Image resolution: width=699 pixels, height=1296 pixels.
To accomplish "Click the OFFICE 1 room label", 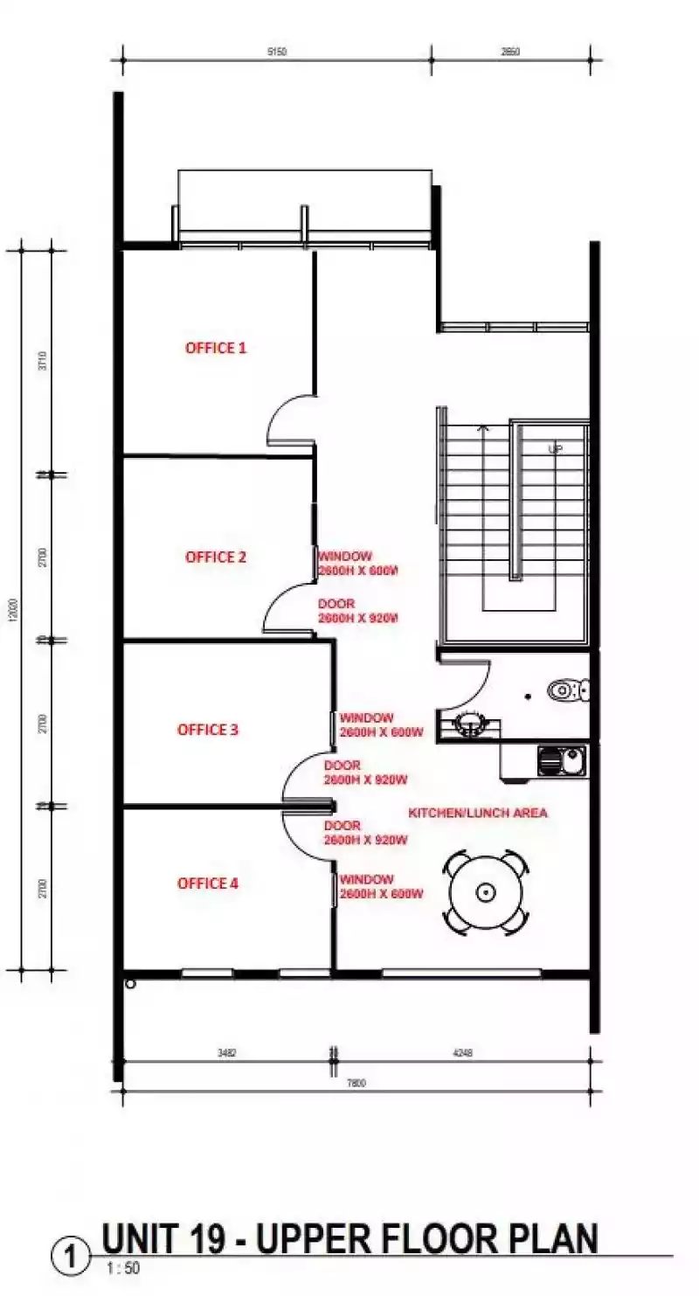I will pyautogui.click(x=216, y=348).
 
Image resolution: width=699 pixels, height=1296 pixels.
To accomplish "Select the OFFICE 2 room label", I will pyautogui.click(x=216, y=557).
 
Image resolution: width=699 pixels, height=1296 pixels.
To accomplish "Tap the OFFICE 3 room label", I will pyautogui.click(x=208, y=729).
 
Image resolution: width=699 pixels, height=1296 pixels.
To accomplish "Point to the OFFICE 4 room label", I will pyautogui.click(x=208, y=884).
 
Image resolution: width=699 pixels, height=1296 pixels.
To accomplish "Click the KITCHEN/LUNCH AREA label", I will pyautogui.click(x=478, y=813).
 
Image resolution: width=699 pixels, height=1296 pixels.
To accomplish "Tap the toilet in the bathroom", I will pyautogui.click(x=569, y=690).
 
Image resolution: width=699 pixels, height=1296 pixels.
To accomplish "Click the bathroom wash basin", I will pyautogui.click(x=471, y=724).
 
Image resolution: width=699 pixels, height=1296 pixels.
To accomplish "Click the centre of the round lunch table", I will pyautogui.click(x=486, y=892).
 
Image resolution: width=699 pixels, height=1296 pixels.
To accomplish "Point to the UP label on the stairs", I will pyautogui.click(x=555, y=449).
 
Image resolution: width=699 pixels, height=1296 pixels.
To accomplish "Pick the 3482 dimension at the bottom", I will pyautogui.click(x=226, y=1054).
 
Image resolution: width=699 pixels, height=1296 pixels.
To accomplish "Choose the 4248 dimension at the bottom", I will pyautogui.click(x=462, y=1054).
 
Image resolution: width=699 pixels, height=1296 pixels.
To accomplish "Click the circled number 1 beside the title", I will pyautogui.click(x=71, y=1258).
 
